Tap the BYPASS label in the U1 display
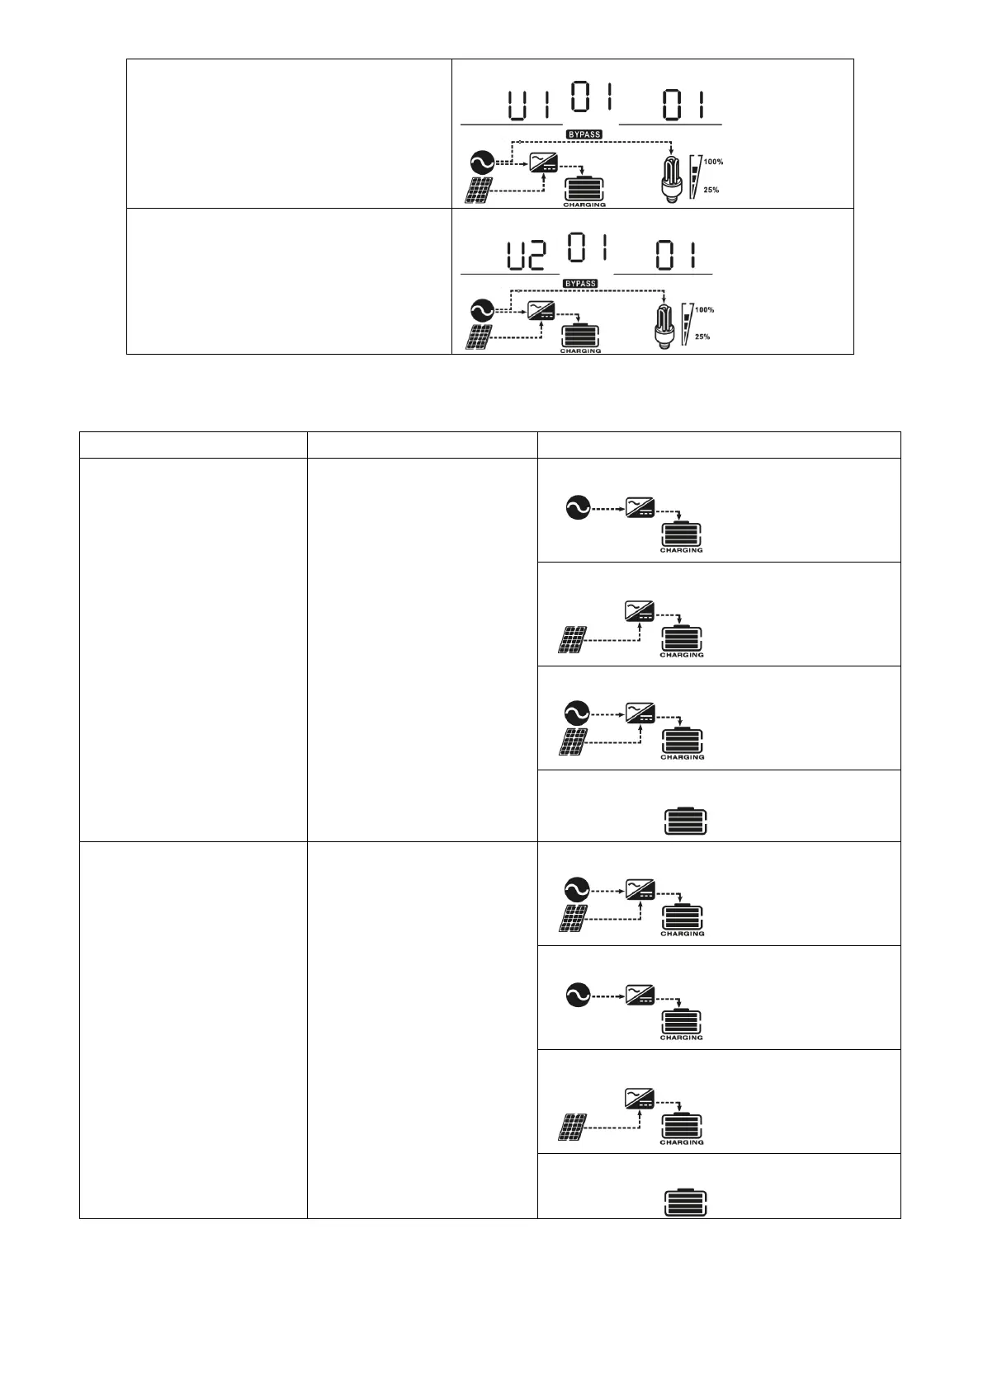(x=584, y=134)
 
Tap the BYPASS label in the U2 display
(x=579, y=284)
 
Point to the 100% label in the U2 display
(x=704, y=310)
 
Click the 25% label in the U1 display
(x=711, y=191)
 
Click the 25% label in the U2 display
(x=702, y=337)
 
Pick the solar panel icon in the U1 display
(x=481, y=191)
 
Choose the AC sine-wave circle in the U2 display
(x=480, y=310)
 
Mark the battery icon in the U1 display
(x=584, y=188)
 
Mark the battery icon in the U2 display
(x=580, y=336)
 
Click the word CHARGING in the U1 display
(x=584, y=205)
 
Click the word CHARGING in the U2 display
(x=581, y=351)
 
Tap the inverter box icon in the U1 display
(x=544, y=162)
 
